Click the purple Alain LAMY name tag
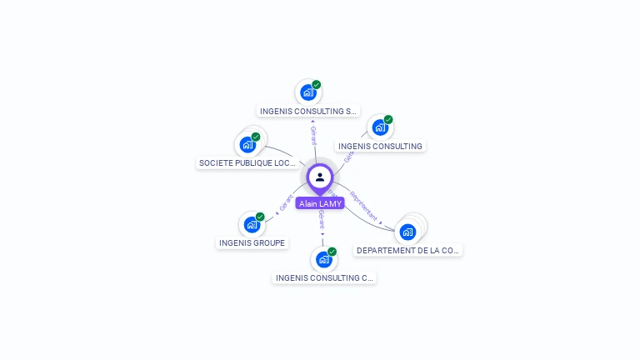tap(320, 203)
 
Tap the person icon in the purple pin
tap(320, 177)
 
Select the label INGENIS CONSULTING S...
tap(308, 111)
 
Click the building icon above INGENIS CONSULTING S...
tap(308, 92)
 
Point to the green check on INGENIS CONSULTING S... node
tap(317, 84)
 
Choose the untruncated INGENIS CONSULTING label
tap(380, 146)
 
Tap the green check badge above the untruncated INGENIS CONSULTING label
tap(388, 120)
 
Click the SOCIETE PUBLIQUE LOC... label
tap(247, 163)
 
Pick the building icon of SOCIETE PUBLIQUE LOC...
tap(247, 145)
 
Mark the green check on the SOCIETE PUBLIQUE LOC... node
tap(256, 137)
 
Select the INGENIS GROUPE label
tap(252, 243)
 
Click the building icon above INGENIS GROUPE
tap(252, 225)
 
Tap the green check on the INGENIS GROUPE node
tap(260, 217)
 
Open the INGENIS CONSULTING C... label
tap(324, 277)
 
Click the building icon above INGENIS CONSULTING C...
tap(324, 260)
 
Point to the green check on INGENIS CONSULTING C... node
tap(332, 252)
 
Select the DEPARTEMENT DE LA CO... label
tap(408, 250)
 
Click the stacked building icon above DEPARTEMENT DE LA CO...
tap(407, 232)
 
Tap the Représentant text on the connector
tap(365, 206)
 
